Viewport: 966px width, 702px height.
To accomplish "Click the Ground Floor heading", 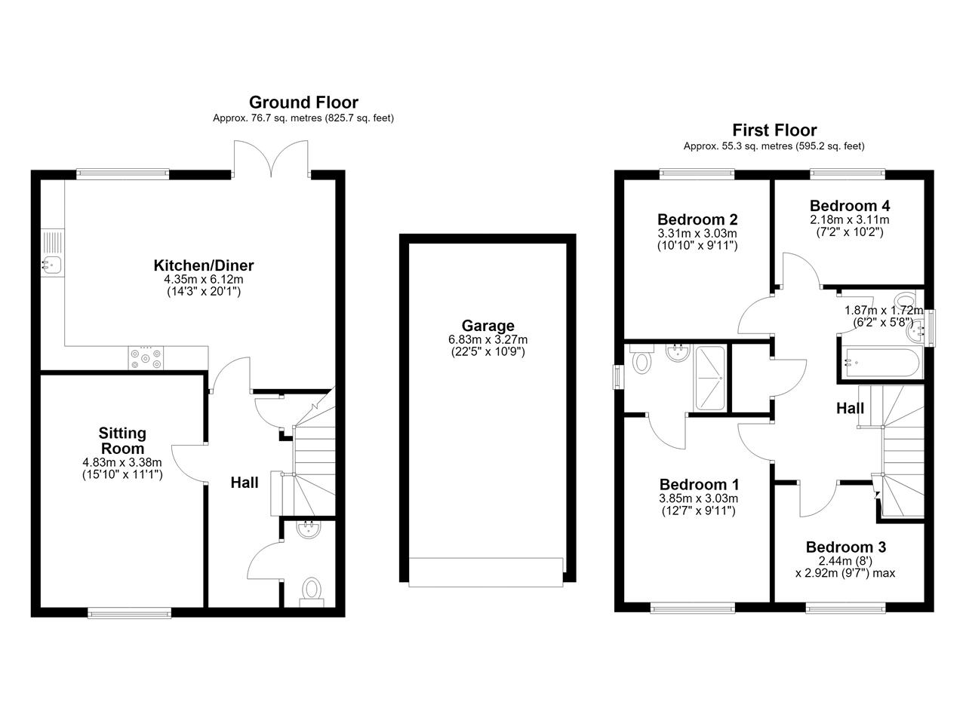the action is (x=303, y=103).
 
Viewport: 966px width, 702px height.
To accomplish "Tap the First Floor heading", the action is (x=774, y=130).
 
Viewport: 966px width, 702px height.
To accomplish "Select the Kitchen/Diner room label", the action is (x=204, y=265).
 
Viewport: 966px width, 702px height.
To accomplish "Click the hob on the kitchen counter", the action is (x=146, y=358).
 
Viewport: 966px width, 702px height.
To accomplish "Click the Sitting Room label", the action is (x=122, y=440).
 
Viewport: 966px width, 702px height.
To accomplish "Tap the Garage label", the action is (x=488, y=325).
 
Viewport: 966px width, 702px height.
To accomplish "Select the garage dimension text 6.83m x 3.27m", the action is (x=488, y=339).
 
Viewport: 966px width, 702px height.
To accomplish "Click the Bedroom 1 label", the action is (x=699, y=484).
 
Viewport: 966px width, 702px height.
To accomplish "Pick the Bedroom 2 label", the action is (x=697, y=219).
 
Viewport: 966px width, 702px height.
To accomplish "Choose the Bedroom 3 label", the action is (x=846, y=547).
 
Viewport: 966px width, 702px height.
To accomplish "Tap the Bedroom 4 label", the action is (x=849, y=206).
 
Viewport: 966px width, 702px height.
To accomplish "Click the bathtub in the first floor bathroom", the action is (x=880, y=363).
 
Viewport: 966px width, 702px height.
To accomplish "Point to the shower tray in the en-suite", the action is (x=709, y=378).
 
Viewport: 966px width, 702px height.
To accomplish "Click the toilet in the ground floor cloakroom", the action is (x=312, y=591).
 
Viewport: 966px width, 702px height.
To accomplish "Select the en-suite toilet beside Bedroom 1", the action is (x=642, y=359).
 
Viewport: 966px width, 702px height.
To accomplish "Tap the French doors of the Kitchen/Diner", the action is (x=271, y=158).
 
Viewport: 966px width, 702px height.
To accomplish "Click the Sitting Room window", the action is (x=129, y=612).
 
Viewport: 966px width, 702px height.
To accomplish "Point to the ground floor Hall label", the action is (x=245, y=483).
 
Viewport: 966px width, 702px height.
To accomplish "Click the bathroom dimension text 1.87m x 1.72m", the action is (x=883, y=310).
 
